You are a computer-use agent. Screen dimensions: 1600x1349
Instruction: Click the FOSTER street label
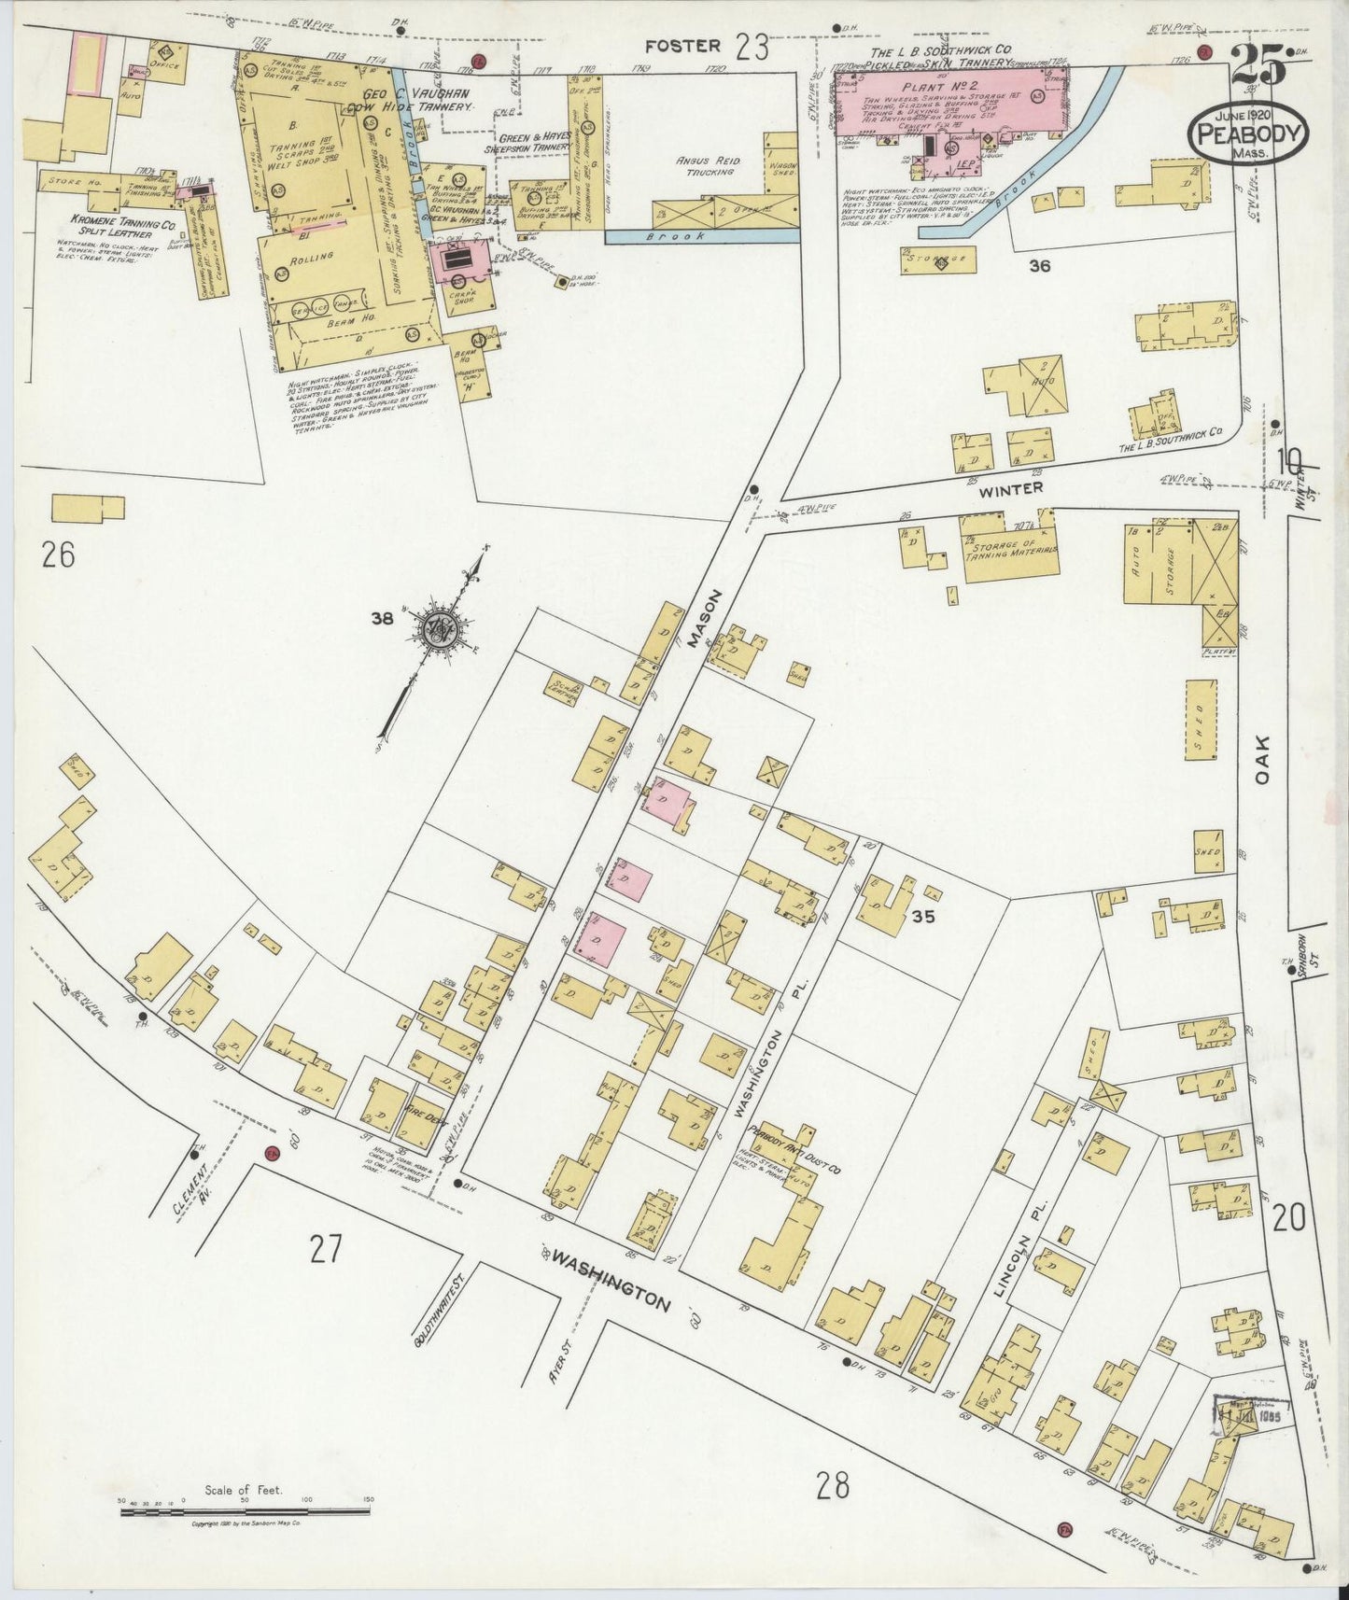[x=682, y=45]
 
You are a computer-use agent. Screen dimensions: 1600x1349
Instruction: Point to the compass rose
[x=437, y=628]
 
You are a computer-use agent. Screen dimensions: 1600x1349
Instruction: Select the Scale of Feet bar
[x=245, y=1509]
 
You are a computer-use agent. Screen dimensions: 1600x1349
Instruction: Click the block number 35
[x=923, y=917]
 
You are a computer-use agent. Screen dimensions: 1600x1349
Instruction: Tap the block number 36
[x=1039, y=266]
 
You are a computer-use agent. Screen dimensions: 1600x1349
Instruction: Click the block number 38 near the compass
[x=380, y=617]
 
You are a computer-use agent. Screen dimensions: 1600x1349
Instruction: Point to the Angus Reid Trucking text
[x=708, y=166]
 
